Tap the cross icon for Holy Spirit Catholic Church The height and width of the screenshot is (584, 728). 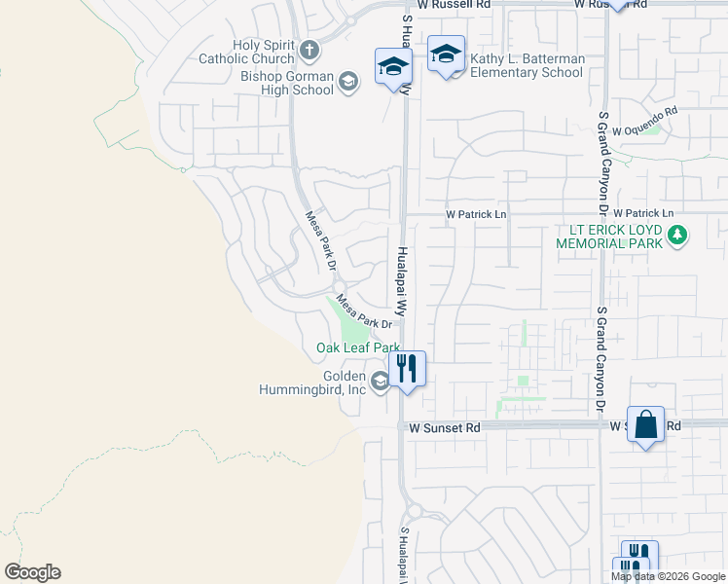coord(309,50)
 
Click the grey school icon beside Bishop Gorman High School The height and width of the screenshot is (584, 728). coord(347,84)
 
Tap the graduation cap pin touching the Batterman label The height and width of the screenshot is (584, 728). coord(446,55)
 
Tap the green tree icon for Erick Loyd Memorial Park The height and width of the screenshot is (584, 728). coord(678,235)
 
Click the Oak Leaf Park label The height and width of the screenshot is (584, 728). coord(358,347)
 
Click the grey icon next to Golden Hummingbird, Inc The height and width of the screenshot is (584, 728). coord(380,381)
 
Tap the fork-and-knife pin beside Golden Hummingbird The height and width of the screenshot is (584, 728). coord(407,368)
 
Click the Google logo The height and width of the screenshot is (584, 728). coord(32,572)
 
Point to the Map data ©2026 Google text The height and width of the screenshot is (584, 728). coord(668,576)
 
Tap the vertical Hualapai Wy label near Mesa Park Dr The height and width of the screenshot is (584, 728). coord(401,278)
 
